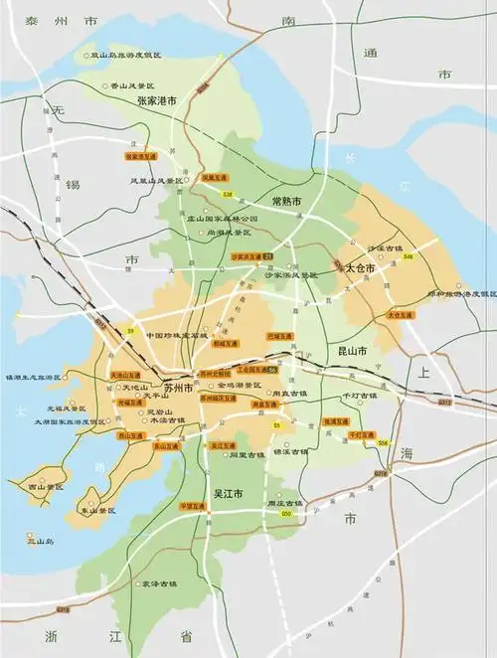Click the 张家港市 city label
pos(156,101)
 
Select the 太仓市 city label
pos(360,268)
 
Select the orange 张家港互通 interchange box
pos(141,156)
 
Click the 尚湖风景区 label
pos(228,233)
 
